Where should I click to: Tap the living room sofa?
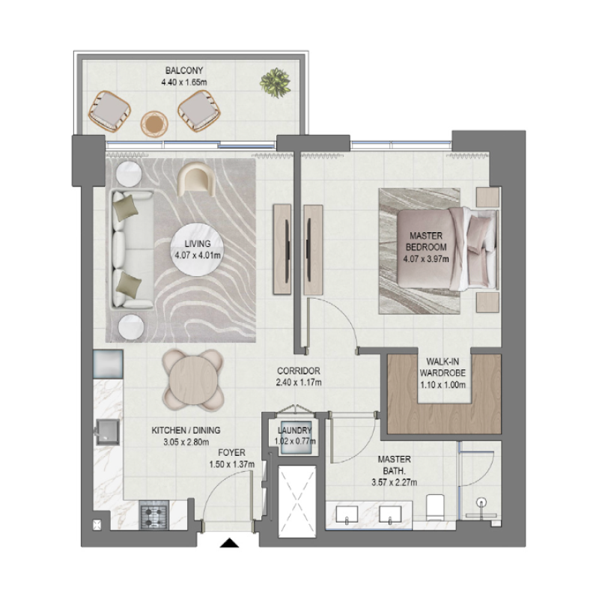[130, 249]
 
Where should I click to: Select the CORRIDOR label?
[297, 371]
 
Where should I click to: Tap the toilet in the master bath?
[436, 508]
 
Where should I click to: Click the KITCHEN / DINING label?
[186, 431]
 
